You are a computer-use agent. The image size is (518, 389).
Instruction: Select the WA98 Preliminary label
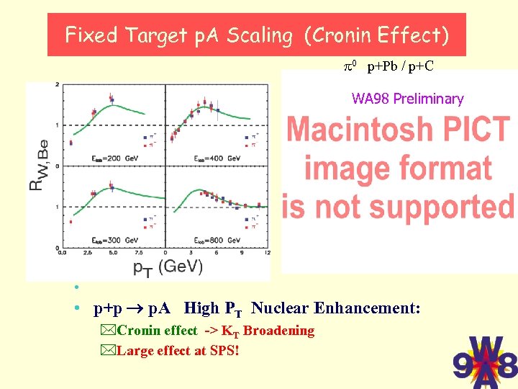tap(407, 99)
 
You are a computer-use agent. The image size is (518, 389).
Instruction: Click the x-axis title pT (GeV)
tap(168, 266)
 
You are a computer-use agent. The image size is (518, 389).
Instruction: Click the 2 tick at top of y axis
tap(57, 85)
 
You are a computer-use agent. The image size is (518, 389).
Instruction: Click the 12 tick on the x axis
tap(268, 253)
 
